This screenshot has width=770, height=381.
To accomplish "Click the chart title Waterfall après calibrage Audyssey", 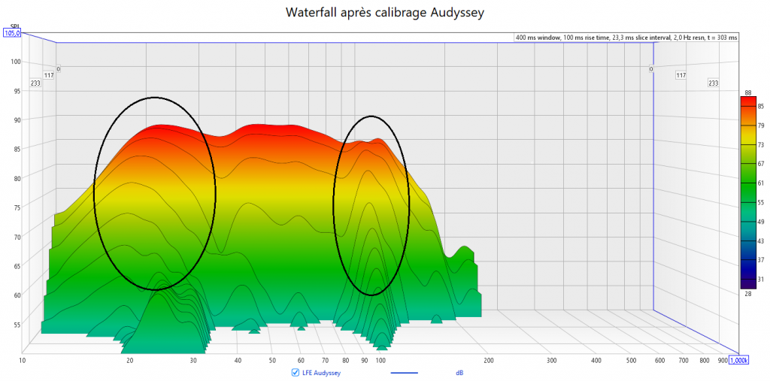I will pos(384,14).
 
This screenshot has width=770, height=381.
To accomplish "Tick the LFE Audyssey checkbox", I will pos(295,372).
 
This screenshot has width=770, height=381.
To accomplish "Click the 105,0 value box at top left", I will pos(12,32).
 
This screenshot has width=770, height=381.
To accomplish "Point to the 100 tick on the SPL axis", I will pos(14,62).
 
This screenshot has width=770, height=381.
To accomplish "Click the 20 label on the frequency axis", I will pos(130,361).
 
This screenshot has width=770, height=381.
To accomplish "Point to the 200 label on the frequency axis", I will pos(489,361).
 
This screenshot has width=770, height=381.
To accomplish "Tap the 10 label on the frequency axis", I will pos(23,361).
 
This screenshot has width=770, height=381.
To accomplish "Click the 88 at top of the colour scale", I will pos(748,92).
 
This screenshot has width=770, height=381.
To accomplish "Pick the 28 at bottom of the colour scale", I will pos(748,294).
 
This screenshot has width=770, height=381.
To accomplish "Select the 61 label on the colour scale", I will pos(760,183).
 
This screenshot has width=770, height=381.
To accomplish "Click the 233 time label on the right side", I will pos(714,83).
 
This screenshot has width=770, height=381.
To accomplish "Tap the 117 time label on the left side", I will pos(49,75).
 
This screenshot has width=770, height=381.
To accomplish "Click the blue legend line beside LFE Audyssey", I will pos(405,372).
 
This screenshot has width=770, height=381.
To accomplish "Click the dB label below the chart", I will pos(459,372).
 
